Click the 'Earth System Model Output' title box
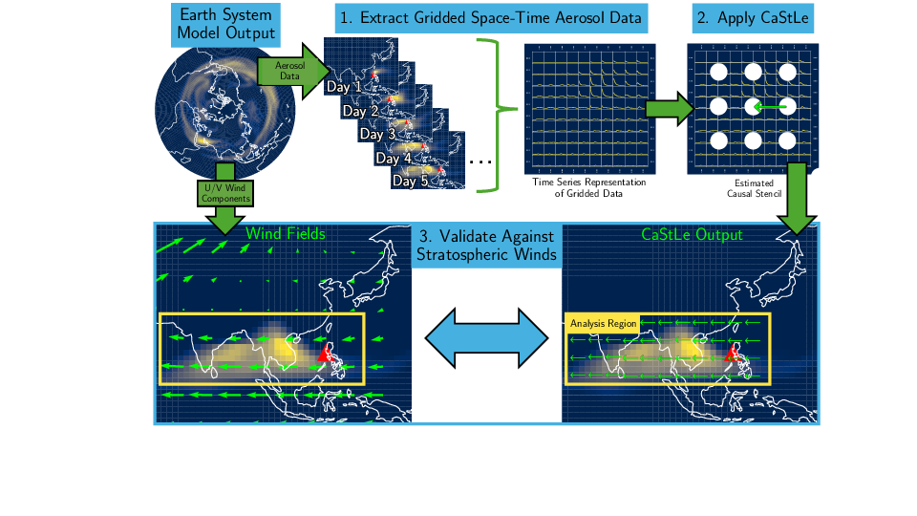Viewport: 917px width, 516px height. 225,25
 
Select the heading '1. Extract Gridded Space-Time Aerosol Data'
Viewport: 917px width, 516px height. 491,18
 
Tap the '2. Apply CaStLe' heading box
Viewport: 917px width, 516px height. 753,18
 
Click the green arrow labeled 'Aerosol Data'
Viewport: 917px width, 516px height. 293,71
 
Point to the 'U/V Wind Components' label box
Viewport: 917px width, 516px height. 225,193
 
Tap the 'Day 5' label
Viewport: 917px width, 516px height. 410,181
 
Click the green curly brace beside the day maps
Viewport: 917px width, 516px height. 498,109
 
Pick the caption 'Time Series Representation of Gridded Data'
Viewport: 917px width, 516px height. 589,188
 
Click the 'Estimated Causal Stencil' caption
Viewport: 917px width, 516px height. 754,188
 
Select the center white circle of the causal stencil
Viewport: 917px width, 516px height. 753,106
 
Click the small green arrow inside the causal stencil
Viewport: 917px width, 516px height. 770,106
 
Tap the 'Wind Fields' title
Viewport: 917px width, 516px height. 286,233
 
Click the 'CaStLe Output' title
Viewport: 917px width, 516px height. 692,235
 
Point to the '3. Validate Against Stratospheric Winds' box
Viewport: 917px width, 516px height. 486,246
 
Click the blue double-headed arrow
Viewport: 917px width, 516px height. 486,338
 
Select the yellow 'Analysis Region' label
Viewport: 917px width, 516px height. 603,324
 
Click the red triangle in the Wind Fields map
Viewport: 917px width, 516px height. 325,353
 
